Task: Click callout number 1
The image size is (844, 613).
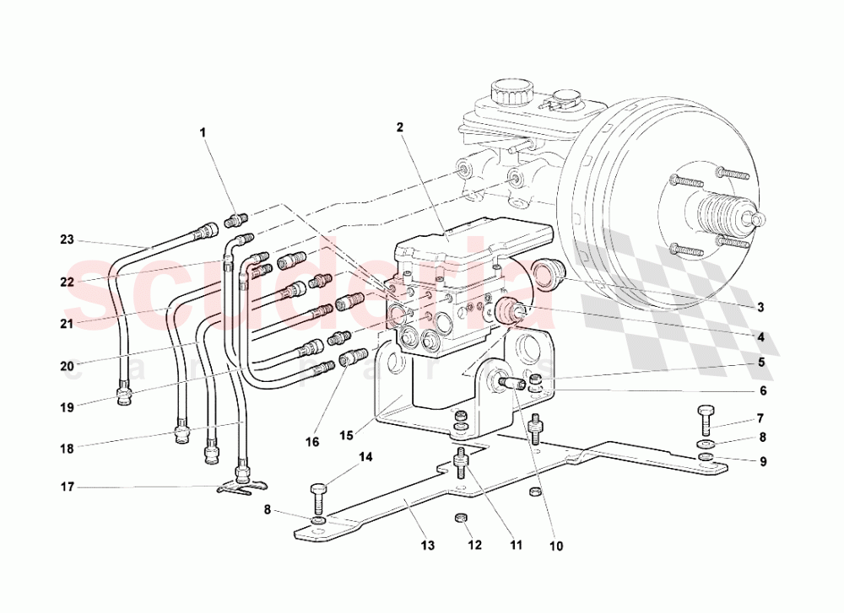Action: click(x=203, y=132)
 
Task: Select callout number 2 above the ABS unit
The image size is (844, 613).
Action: click(x=400, y=127)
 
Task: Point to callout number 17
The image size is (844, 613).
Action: click(x=68, y=487)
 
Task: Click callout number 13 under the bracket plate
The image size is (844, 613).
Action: click(x=428, y=546)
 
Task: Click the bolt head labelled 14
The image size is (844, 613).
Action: click(x=318, y=489)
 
